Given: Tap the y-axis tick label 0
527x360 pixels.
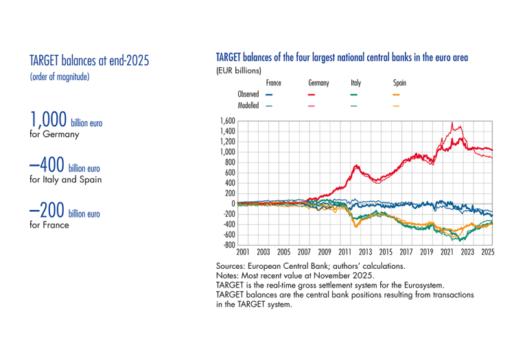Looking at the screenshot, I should tap(233, 204).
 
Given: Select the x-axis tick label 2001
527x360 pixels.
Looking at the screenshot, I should tap(244, 252).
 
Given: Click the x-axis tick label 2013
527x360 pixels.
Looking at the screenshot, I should tap(366, 252).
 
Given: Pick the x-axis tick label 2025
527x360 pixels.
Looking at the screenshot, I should tap(488, 252).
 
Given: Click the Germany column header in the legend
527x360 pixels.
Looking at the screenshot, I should tap(318, 83).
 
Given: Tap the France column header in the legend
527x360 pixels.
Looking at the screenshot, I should tap(273, 83).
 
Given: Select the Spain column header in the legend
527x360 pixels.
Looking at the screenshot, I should tap(399, 83).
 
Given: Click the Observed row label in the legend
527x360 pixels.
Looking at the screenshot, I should tap(248, 94).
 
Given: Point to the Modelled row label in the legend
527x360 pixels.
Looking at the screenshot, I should tap(248, 106).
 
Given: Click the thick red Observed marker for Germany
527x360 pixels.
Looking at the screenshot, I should tap(312, 94).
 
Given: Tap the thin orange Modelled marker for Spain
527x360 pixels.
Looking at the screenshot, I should tap(396, 106).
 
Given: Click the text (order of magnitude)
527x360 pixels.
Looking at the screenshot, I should tap(59, 77).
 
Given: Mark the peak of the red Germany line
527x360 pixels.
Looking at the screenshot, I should tap(452, 123).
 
